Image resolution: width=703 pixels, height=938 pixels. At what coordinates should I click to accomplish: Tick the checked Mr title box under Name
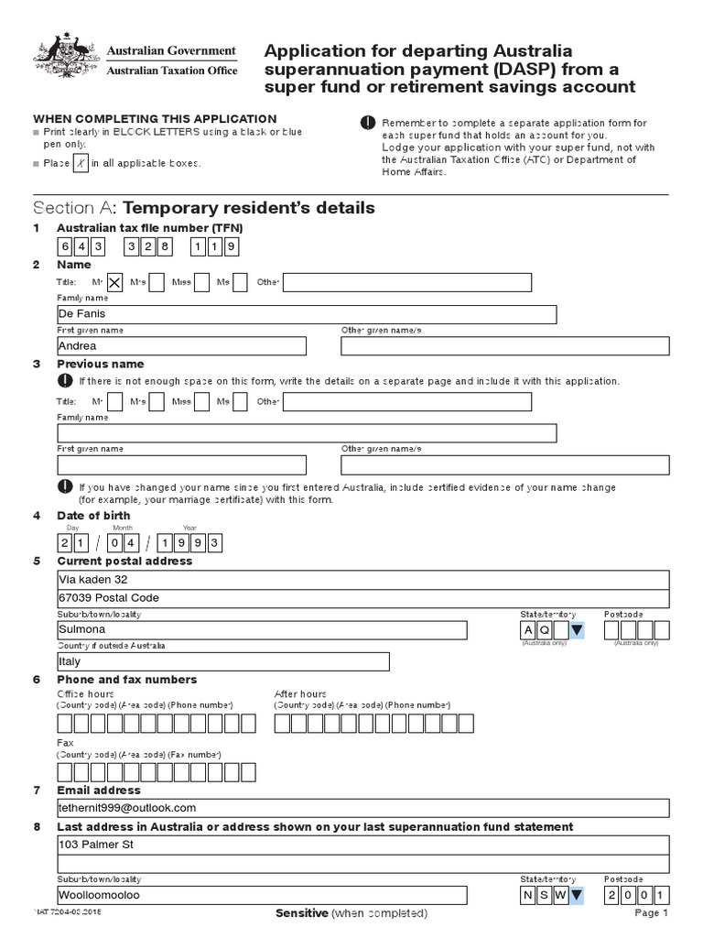coord(115,283)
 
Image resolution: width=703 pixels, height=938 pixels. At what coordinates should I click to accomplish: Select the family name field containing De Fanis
coord(306,314)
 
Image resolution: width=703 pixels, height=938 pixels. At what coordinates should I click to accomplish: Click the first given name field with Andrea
coord(181,346)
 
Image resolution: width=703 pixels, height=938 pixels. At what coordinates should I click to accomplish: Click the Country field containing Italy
coord(222,661)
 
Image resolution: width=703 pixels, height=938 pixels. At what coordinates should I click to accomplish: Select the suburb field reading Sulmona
coord(262,630)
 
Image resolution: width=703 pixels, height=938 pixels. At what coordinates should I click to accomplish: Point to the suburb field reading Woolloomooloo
coord(262,895)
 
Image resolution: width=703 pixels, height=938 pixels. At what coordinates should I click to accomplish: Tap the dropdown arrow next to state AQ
coord(575,630)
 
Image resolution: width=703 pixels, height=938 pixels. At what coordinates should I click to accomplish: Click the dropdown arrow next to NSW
coord(575,895)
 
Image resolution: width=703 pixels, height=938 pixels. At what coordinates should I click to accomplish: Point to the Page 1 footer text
coord(651,914)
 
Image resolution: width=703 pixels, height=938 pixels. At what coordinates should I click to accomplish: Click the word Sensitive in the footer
coord(300,914)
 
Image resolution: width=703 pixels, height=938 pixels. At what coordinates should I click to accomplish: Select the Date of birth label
coord(93,516)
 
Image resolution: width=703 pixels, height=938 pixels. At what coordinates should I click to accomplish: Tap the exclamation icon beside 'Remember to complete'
coord(368,123)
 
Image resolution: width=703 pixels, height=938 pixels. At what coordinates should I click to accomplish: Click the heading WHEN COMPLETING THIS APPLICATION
coord(155,119)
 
